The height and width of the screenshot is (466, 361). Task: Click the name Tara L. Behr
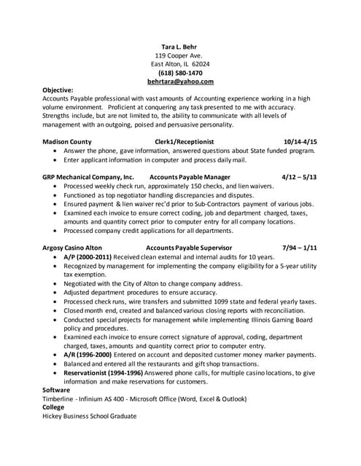coord(179,45)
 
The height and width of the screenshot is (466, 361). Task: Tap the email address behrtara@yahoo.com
coord(179,82)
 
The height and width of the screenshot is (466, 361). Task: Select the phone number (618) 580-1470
coord(180,73)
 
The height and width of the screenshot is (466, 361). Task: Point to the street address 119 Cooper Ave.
coord(179,55)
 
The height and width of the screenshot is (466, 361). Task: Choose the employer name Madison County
coord(67,141)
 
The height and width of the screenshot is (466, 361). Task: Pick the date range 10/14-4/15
coord(300,141)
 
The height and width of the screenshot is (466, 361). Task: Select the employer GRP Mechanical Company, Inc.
coord(88,177)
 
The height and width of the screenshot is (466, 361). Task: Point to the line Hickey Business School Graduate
coord(90,416)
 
